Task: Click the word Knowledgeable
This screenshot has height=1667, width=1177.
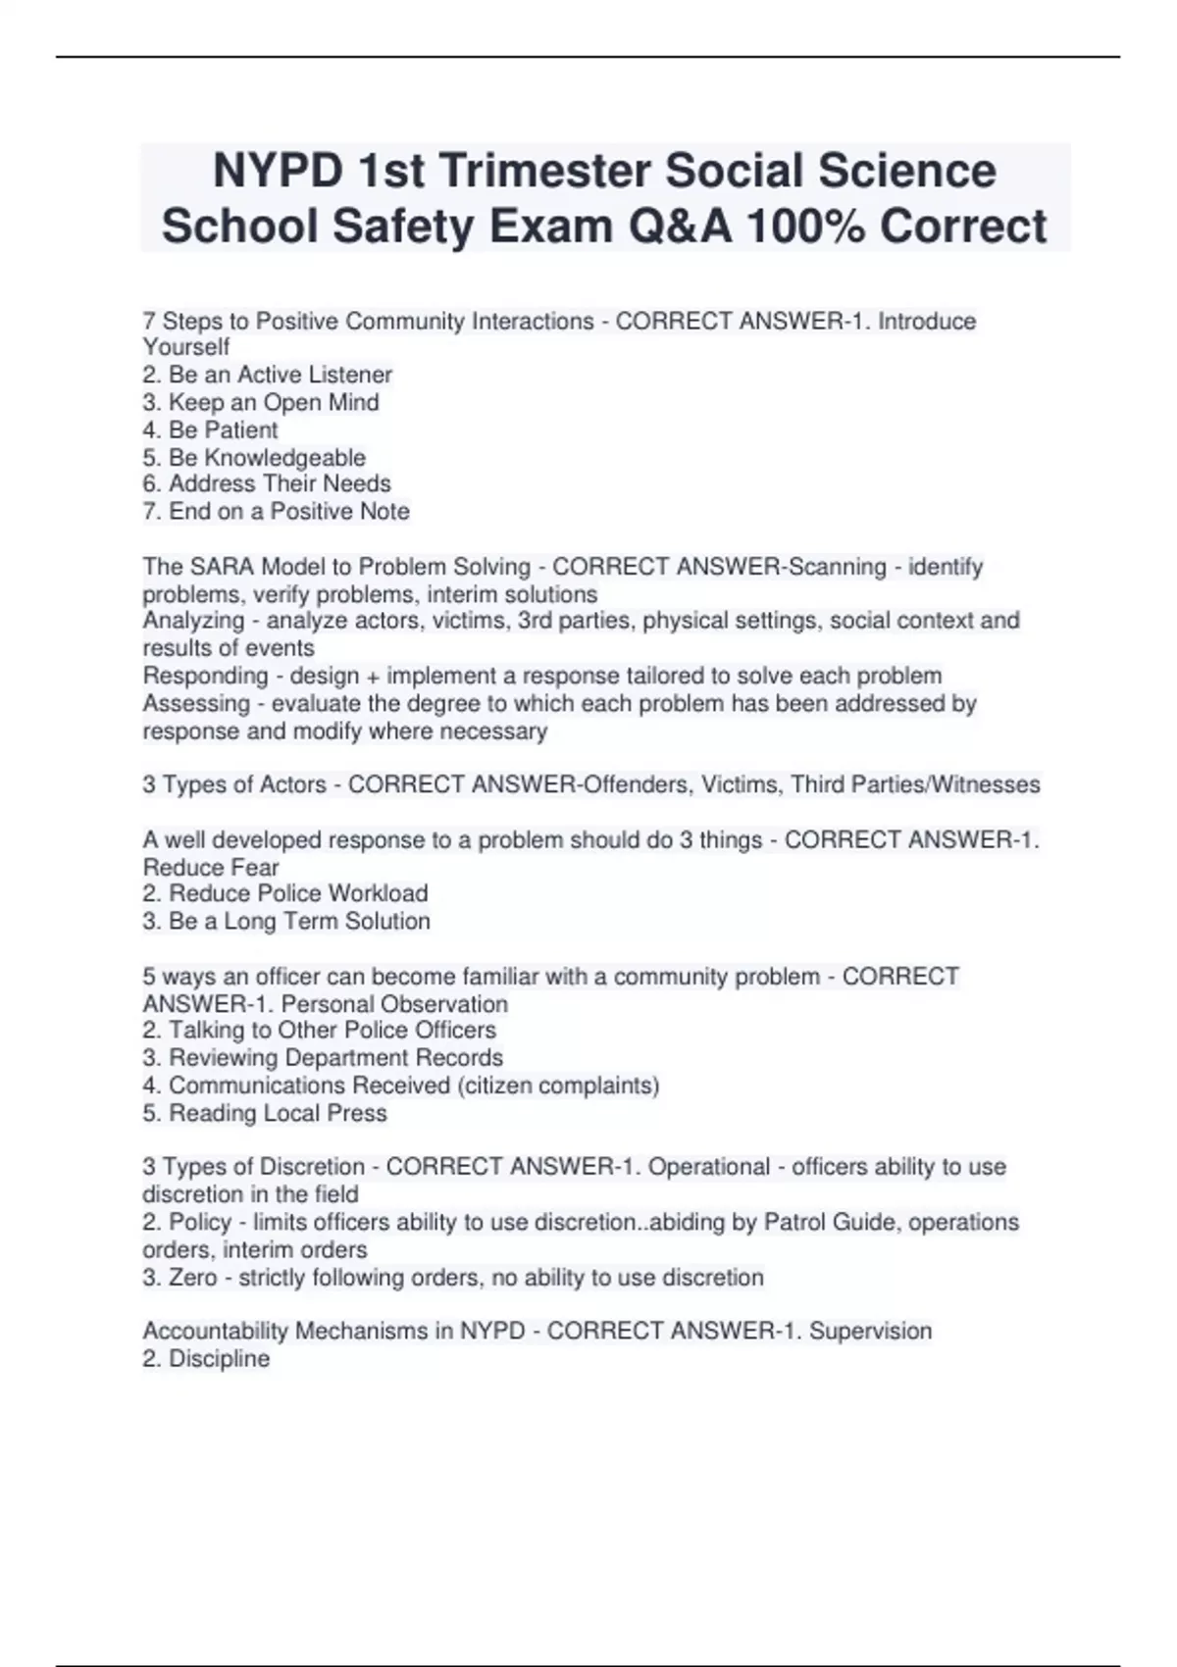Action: tap(284, 458)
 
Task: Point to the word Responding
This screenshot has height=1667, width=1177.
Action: tap(205, 676)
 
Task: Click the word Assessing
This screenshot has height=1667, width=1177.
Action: tap(196, 703)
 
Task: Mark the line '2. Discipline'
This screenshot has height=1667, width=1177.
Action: tap(206, 1359)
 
